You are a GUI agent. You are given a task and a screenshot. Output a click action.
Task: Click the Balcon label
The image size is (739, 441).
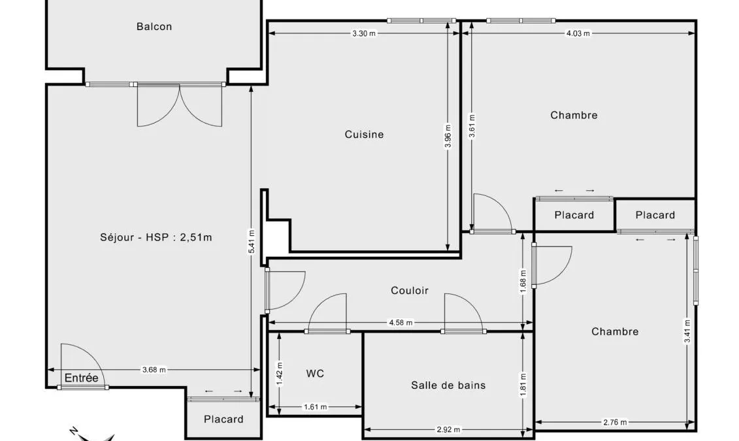[x=154, y=26]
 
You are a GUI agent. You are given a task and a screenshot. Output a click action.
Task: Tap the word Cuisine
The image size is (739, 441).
[x=364, y=135]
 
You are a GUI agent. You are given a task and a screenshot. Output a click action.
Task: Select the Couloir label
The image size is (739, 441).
[x=410, y=290]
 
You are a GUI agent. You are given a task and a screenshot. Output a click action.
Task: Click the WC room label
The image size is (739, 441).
[x=315, y=374]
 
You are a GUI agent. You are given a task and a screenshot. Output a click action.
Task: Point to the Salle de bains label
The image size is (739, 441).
[x=448, y=385]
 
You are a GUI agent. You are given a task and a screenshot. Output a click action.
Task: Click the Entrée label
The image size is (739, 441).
[x=81, y=378]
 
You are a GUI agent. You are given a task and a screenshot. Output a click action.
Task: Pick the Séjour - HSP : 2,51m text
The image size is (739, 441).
[x=156, y=237]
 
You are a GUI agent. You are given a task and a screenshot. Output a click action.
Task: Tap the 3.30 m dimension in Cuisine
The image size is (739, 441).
[x=365, y=33]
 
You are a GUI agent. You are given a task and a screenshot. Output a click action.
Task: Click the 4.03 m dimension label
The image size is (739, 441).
[x=578, y=33]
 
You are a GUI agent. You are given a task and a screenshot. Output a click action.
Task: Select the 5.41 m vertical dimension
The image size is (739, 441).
[x=252, y=242]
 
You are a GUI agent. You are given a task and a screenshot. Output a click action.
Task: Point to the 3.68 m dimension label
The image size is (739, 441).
[x=154, y=370]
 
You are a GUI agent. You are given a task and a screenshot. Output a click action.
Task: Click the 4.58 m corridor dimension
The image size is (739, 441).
[x=401, y=323]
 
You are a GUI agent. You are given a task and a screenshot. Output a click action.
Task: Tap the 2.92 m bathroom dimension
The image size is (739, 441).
[x=448, y=430]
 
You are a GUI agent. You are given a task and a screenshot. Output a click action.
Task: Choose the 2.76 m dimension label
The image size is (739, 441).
[x=615, y=422]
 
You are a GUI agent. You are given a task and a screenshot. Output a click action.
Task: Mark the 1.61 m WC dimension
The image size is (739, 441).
[x=316, y=407]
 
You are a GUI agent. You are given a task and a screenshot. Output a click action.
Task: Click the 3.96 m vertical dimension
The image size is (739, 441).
[x=448, y=136]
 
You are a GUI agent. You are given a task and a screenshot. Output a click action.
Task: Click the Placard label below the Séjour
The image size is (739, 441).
[x=223, y=419]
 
